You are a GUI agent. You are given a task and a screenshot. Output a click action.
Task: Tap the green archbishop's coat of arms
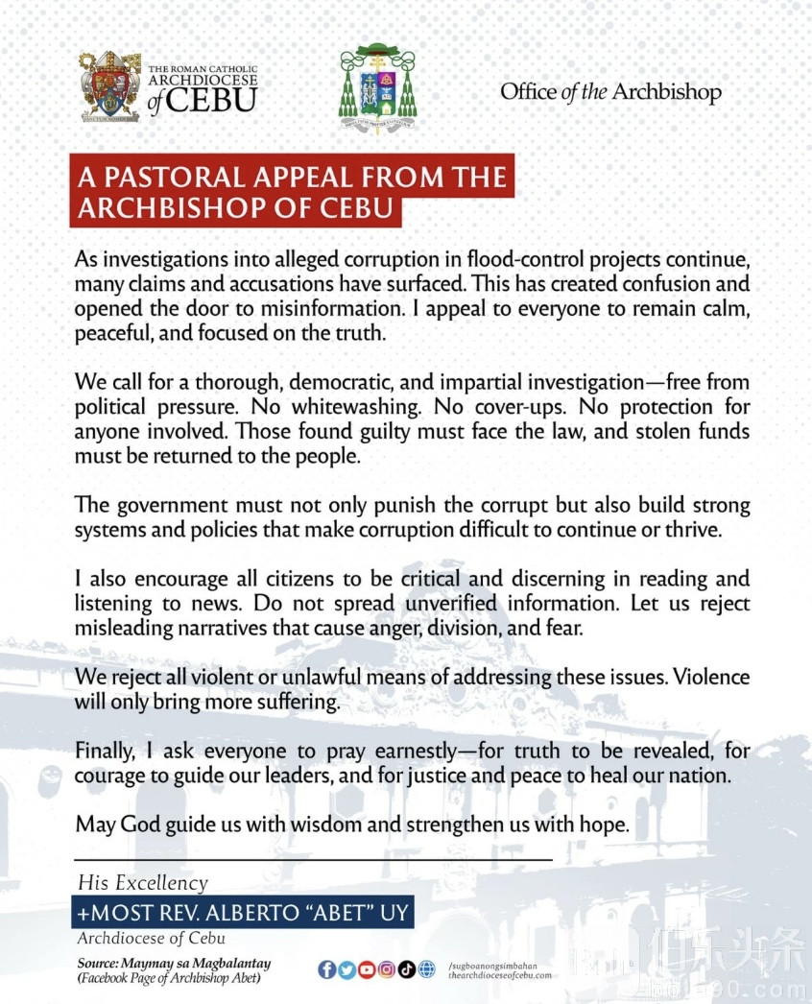tap(377, 88)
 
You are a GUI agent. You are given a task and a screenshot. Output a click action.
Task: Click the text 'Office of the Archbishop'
tap(610, 92)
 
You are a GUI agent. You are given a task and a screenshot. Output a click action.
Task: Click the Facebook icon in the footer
tap(326, 969)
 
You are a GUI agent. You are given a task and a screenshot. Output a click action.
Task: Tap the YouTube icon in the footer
tap(366, 969)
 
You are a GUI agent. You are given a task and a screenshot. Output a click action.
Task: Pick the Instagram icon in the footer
tap(386, 969)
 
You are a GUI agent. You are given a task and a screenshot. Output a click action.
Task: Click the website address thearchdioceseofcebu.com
tap(500, 975)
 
